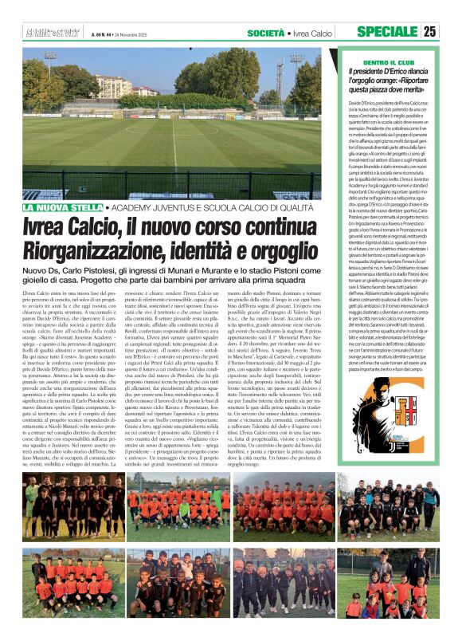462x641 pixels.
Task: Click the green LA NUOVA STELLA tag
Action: point(63,207)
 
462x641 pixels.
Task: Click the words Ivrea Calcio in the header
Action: point(311,33)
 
